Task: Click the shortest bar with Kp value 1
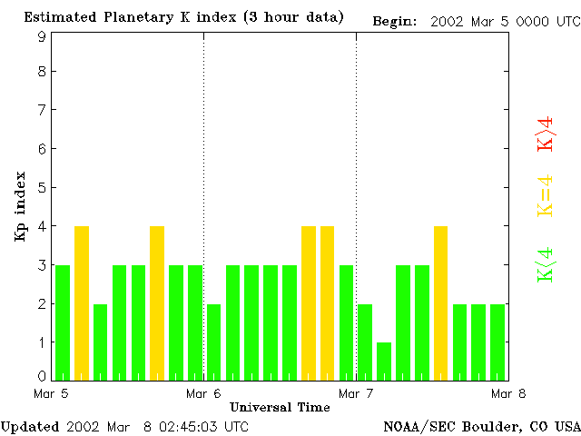(x=384, y=361)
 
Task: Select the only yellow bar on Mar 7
(x=441, y=302)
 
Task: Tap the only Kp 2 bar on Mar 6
(x=213, y=342)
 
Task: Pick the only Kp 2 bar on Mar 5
(x=100, y=342)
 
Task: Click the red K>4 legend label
(x=545, y=133)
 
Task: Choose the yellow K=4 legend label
(x=545, y=195)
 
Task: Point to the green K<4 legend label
(x=545, y=265)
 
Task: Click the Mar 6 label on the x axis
(x=203, y=393)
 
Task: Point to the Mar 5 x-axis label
(x=52, y=393)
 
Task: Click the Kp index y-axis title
(x=20, y=206)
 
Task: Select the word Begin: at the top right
(x=395, y=22)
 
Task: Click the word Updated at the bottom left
(x=29, y=426)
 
